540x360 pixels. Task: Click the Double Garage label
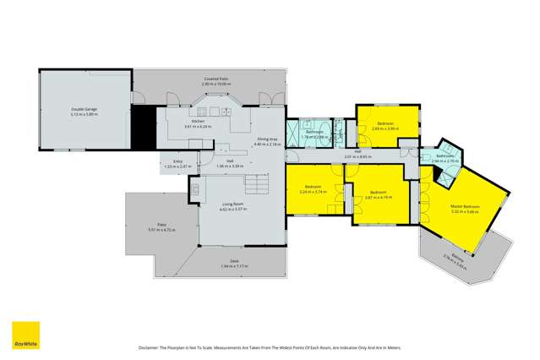coord(84,110)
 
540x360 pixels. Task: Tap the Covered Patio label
coord(215,79)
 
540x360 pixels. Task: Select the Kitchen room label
coord(198,123)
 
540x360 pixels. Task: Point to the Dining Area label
coord(267,141)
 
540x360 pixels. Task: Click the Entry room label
coord(178,161)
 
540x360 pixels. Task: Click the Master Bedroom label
coord(466,207)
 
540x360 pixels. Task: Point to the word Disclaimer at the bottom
coord(151,347)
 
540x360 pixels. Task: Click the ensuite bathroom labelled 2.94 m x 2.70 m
coord(444,159)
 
